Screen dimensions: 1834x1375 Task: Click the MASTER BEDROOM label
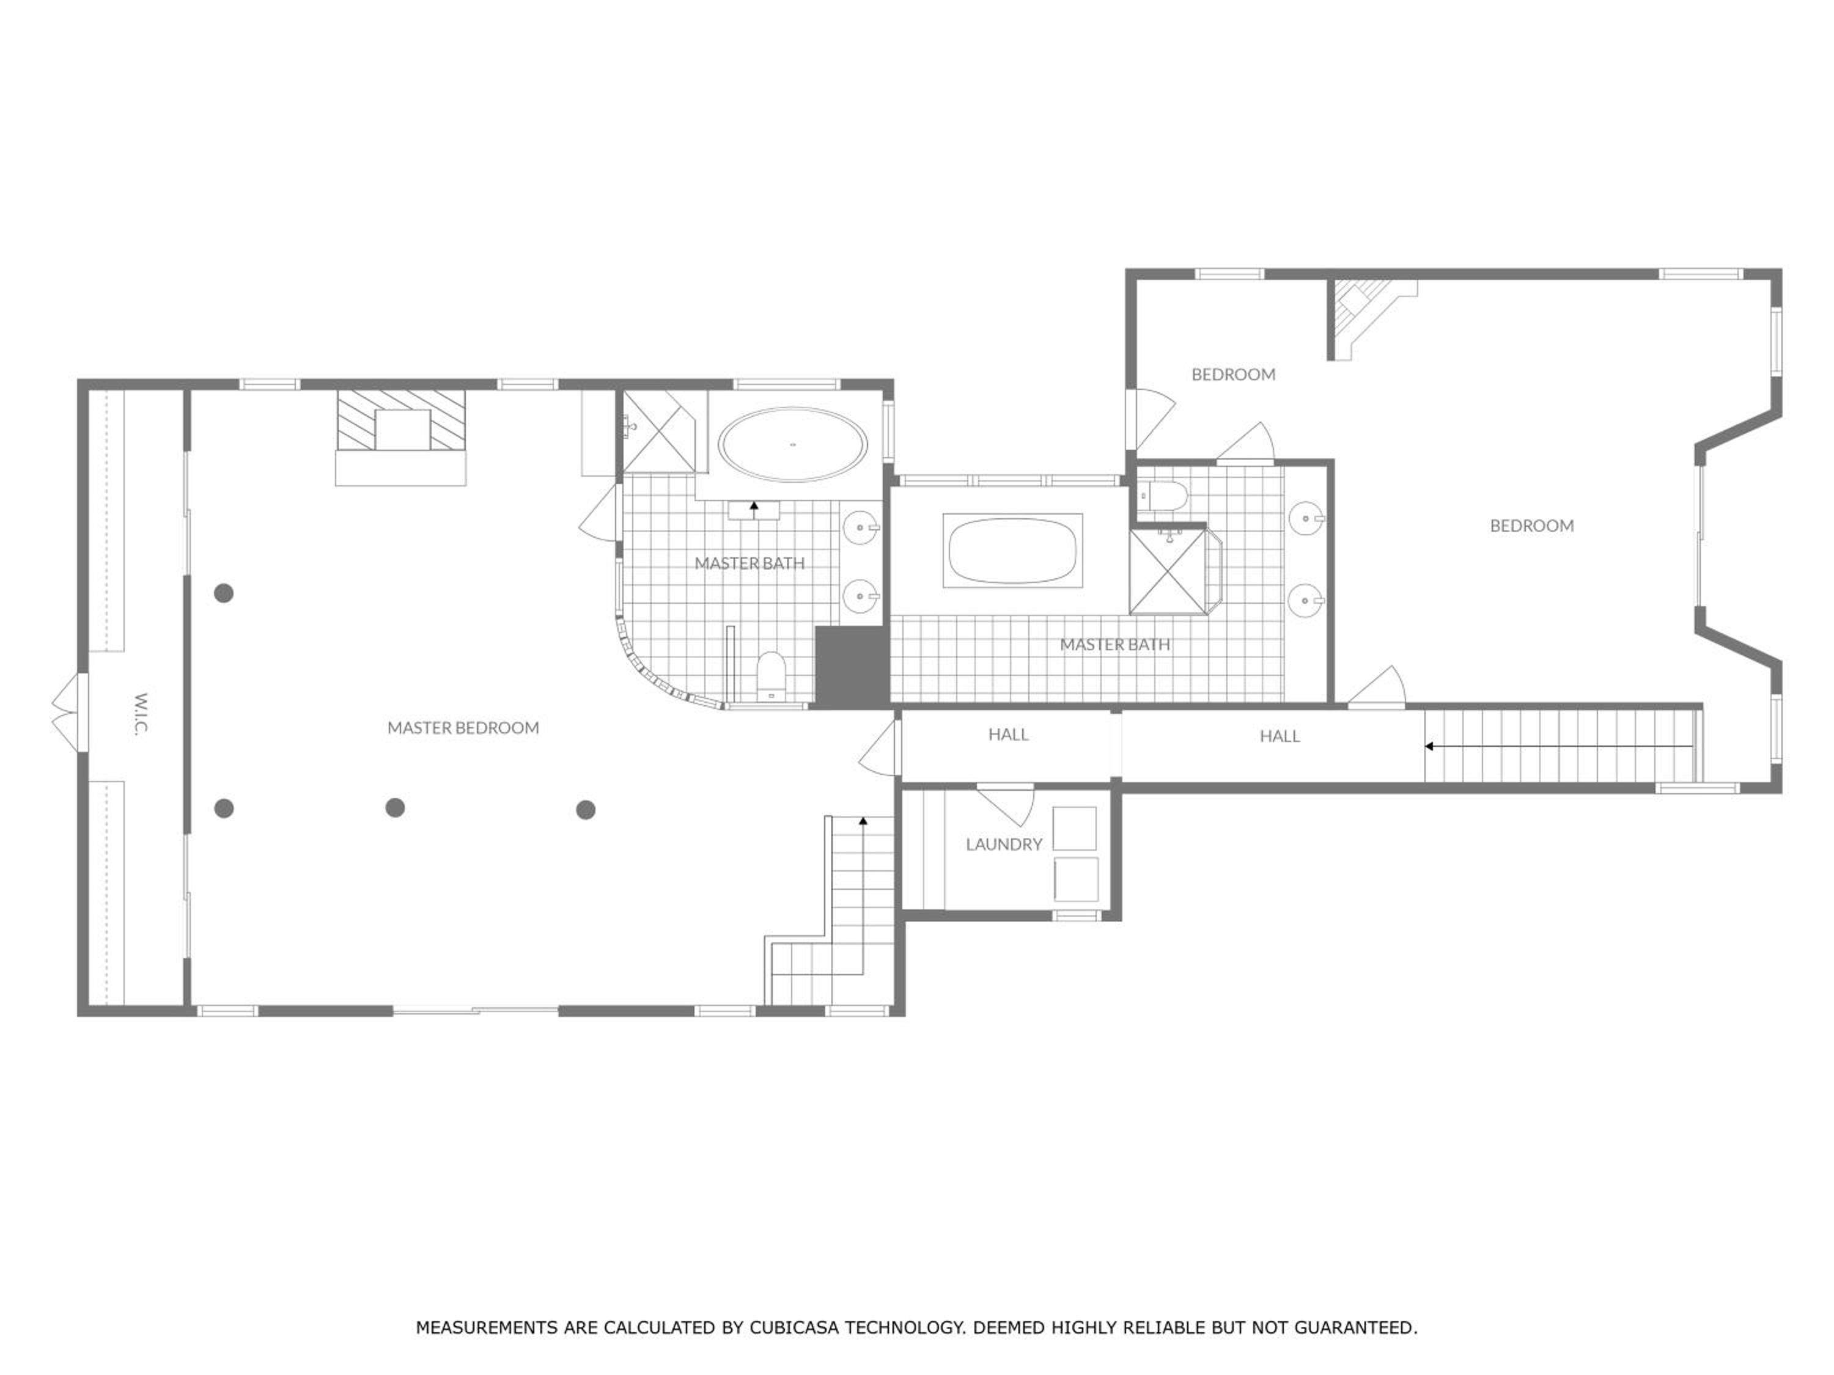point(463,728)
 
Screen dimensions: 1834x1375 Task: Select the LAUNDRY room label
point(1003,844)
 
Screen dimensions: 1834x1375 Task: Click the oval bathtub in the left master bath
point(793,444)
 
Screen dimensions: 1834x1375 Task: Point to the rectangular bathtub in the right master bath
point(1012,551)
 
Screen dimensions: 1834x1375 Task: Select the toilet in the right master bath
point(1163,496)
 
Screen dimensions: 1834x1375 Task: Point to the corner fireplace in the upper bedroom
point(1364,315)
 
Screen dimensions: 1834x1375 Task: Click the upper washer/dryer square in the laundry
point(1075,828)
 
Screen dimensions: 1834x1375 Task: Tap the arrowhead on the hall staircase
point(1429,746)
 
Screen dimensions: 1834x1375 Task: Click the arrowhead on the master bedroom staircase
point(863,821)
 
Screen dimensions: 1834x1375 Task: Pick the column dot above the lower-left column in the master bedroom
point(224,593)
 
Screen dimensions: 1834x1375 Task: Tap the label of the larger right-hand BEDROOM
point(1531,526)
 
